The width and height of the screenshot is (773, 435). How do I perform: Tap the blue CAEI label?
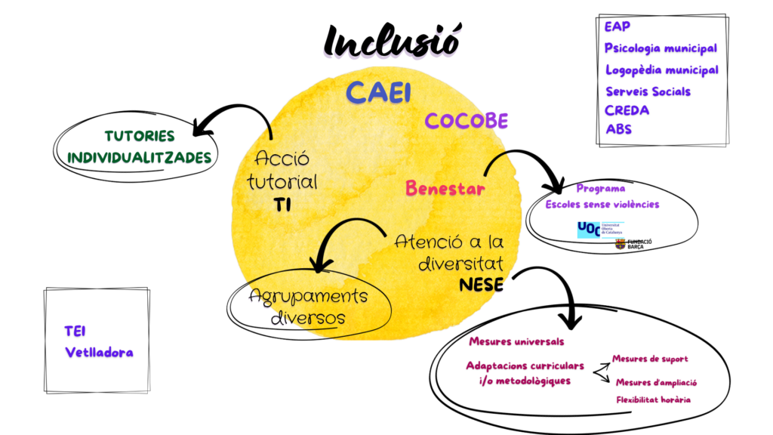coord(378,92)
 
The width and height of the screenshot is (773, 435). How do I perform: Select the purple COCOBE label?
coord(466,121)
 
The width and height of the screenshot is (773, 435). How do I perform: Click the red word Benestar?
coord(445,188)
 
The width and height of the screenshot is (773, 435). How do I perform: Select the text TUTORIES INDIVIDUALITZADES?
coord(140,147)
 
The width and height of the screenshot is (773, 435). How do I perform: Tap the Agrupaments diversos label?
coord(308,306)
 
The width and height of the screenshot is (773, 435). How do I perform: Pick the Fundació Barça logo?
coord(633,244)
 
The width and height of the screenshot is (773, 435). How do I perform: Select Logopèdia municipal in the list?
coord(661,69)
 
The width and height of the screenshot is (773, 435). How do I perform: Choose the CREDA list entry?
coord(627,110)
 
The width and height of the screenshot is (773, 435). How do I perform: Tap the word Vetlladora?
coord(99,352)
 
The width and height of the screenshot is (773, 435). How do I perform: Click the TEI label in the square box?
coord(75,330)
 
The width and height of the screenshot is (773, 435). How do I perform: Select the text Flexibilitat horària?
coord(653,400)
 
